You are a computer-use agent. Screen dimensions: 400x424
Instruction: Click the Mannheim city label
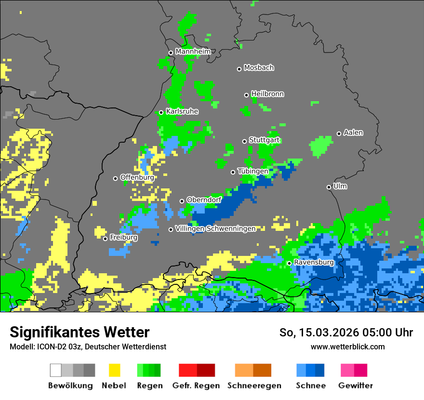[193, 52]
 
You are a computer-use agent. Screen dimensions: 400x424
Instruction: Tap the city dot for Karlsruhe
[161, 112]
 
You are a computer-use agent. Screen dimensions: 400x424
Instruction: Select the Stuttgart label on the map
[264, 140]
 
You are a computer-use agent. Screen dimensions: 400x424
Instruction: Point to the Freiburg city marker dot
[106, 239]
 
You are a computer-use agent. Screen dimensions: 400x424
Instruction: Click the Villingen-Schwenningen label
[215, 228]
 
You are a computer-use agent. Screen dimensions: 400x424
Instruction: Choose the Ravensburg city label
[314, 263]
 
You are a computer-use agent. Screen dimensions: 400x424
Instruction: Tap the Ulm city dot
[329, 187]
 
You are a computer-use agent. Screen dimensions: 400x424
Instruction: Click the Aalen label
[353, 133]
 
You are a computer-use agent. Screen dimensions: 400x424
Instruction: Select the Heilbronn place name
[267, 94]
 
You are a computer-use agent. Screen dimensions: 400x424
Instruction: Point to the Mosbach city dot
[239, 69]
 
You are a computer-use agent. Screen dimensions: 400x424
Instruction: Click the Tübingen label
[253, 172]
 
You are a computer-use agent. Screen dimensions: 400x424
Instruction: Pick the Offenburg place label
[137, 177]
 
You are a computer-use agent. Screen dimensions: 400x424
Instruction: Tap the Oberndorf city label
[204, 200]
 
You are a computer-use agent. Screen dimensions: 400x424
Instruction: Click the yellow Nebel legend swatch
[115, 370]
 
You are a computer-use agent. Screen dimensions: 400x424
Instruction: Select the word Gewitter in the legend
[356, 386]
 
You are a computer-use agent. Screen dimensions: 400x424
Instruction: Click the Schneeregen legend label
[254, 386]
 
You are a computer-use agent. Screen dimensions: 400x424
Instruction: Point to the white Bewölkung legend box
[56, 370]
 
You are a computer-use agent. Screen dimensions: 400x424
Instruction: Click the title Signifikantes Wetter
[79, 333]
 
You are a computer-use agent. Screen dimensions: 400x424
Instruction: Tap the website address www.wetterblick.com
[347, 347]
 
